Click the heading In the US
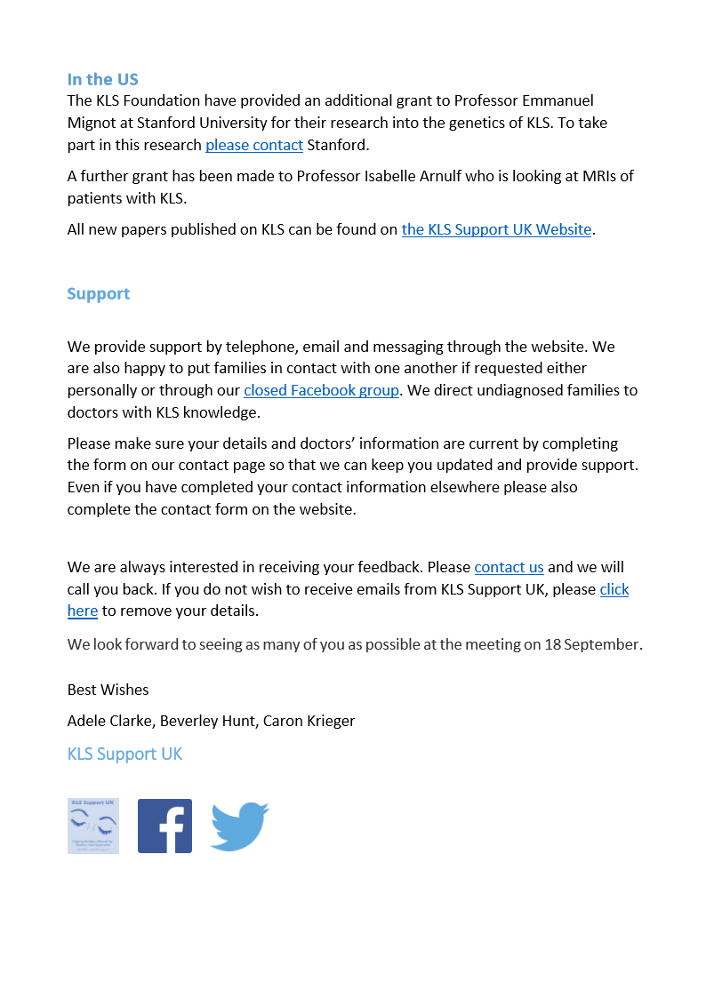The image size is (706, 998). pyautogui.click(x=102, y=79)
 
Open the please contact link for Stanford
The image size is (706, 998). pyautogui.click(x=254, y=145)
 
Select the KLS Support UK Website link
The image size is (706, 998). pyautogui.click(x=496, y=229)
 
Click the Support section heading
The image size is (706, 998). pyautogui.click(x=98, y=294)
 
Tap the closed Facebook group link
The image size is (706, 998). pyautogui.click(x=321, y=390)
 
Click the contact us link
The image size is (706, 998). pyautogui.click(x=509, y=567)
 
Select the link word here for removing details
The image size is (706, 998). pyautogui.click(x=83, y=611)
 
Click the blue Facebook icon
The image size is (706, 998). pyautogui.click(x=164, y=826)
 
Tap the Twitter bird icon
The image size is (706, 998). pyautogui.click(x=239, y=826)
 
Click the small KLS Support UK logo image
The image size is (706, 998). pyautogui.click(x=93, y=826)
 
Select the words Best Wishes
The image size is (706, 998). pyautogui.click(x=108, y=690)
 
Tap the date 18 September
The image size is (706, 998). pyautogui.click(x=593, y=644)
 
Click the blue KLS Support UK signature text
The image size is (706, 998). pyautogui.click(x=124, y=754)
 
